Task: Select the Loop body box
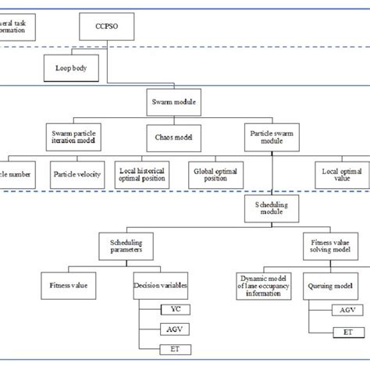[68, 68]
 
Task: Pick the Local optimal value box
[341, 173]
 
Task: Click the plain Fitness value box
[68, 285]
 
